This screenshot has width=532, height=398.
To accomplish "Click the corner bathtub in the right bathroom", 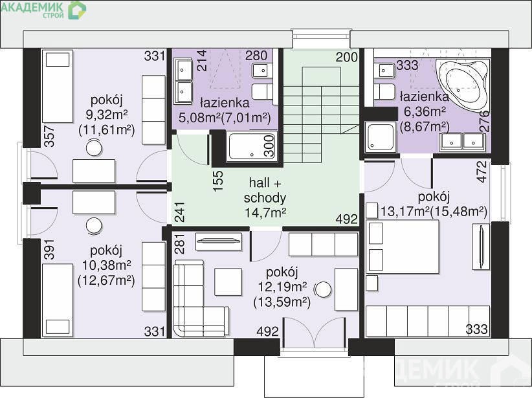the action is click(x=462, y=85).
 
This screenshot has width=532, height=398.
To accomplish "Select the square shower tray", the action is click(x=380, y=137).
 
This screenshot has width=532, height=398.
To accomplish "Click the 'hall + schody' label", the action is click(x=265, y=190).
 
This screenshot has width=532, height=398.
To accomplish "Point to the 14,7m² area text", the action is click(x=265, y=213).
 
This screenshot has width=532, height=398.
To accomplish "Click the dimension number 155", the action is click(x=218, y=181).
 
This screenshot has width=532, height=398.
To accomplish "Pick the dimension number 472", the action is click(x=482, y=171).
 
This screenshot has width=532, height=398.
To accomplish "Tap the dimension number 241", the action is click(x=179, y=212).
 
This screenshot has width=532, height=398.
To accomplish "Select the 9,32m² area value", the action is click(x=107, y=115).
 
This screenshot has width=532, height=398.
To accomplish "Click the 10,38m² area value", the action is click(x=107, y=265).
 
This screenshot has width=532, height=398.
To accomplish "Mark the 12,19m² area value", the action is click(x=282, y=287).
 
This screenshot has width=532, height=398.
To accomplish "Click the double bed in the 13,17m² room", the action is click(x=403, y=247).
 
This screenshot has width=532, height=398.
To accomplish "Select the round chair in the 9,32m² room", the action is click(x=94, y=148).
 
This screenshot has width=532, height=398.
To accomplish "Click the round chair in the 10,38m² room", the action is click(x=94, y=226).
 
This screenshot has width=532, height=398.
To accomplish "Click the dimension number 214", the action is click(x=202, y=60).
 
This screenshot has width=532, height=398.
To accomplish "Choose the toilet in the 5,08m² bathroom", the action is click(x=263, y=92).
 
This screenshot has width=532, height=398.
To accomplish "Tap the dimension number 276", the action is click(x=485, y=121).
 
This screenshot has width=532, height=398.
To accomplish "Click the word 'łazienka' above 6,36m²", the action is click(x=425, y=96).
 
